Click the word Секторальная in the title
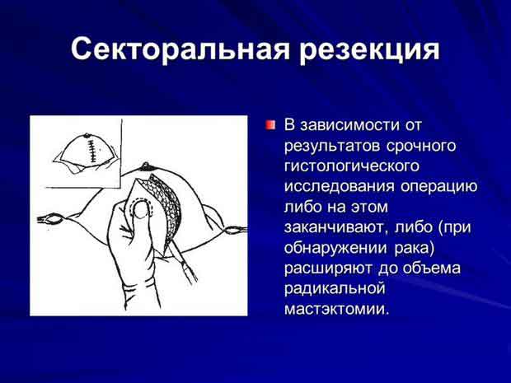[180, 49]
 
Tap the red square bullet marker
[270, 124]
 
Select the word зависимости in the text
[349, 125]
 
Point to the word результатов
[332, 147]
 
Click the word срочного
[420, 147]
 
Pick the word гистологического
[352, 166]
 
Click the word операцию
[438, 187]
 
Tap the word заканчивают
[336, 228]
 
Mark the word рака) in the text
[415, 248]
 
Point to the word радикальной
[335, 289]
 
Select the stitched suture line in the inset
[91, 151]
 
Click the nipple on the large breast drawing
[146, 166]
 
